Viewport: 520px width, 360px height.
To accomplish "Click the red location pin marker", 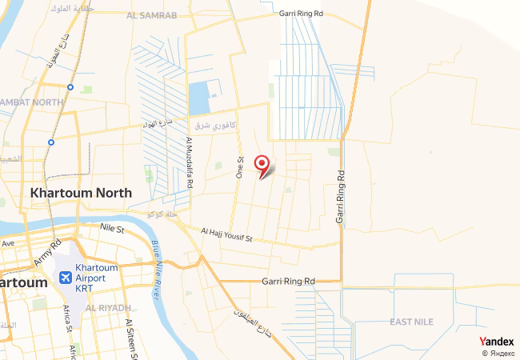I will [x=262, y=164].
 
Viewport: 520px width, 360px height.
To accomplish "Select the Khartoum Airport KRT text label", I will [x=96, y=277].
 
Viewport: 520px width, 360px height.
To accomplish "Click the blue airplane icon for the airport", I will [x=65, y=278].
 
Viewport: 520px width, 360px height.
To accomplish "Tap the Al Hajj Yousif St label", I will [x=226, y=234].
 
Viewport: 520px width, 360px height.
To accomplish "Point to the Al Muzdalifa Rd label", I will [x=190, y=162].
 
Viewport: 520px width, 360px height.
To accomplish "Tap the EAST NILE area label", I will [x=411, y=322].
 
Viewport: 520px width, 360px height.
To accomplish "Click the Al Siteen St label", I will [x=130, y=336].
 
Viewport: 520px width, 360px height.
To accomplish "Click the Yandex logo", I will [x=496, y=342].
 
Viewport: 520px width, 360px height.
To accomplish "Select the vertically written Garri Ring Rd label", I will [x=340, y=196].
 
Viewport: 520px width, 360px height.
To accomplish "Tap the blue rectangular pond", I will [x=198, y=97].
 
